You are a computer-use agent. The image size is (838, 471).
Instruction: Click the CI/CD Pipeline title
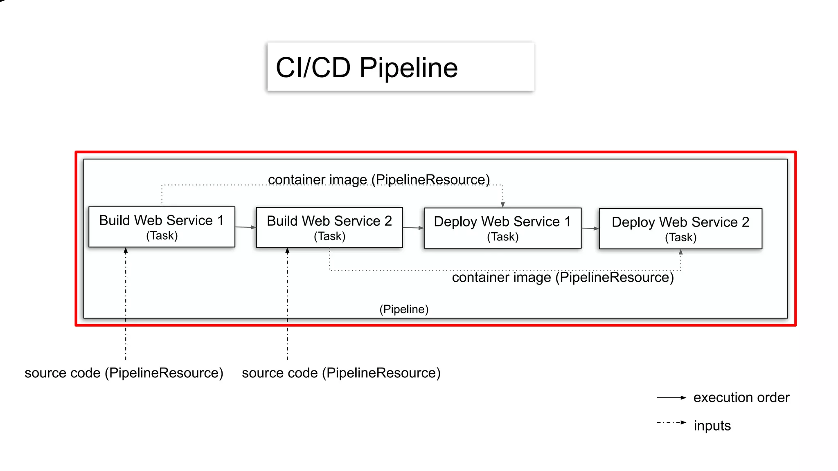[x=367, y=67]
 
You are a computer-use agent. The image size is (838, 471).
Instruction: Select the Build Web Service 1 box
[x=162, y=227]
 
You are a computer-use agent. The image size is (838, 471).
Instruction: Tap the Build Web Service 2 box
[x=329, y=228]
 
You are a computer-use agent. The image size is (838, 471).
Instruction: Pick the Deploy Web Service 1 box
[x=502, y=228]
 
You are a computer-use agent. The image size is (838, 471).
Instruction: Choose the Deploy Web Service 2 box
[x=680, y=229]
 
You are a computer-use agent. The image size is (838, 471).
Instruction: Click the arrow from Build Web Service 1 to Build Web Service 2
[x=246, y=227]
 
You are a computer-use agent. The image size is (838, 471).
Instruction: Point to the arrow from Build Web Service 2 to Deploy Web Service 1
[x=413, y=228]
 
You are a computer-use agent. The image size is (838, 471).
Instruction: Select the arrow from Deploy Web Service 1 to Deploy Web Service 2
[x=590, y=229]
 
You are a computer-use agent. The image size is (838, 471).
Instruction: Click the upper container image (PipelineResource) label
[x=379, y=179]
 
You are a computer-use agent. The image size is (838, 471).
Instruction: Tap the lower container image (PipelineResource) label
[x=563, y=278]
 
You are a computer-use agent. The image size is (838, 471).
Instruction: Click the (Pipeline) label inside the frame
[x=404, y=309]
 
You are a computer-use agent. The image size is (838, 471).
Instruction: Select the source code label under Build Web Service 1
[x=124, y=373]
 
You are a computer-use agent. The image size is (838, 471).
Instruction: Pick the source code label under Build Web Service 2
[x=341, y=373]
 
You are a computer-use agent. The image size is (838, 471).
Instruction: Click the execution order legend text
[x=741, y=397]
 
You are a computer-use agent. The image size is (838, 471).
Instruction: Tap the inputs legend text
[x=712, y=426]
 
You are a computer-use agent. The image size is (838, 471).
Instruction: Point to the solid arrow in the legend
[x=671, y=397]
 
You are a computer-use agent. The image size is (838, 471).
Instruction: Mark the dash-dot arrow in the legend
[x=671, y=422]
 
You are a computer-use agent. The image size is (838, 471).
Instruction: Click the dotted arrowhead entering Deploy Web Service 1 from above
[x=503, y=205]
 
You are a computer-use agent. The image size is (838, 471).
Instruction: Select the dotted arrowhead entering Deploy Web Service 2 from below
[x=681, y=252]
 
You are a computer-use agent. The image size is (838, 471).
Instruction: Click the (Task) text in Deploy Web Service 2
[x=680, y=237]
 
